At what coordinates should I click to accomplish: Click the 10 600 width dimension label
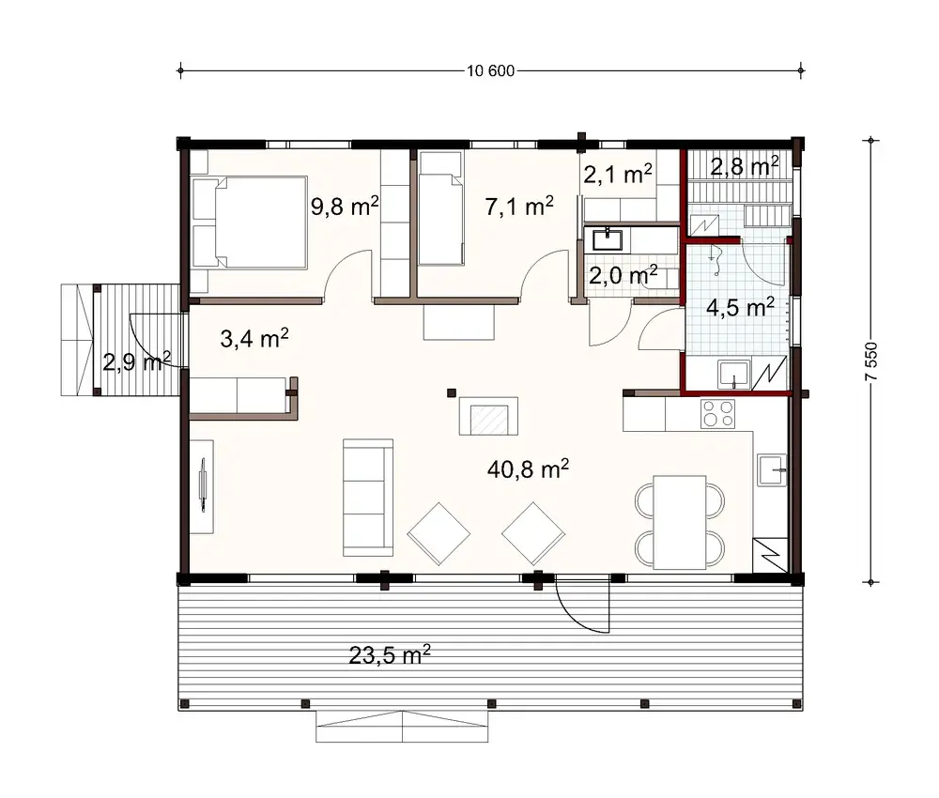[x=489, y=69]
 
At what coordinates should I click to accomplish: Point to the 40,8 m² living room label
[x=529, y=468]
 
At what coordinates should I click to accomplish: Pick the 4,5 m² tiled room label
[x=739, y=308]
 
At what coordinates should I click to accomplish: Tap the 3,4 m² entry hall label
[x=253, y=339]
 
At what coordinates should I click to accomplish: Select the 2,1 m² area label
[x=618, y=174]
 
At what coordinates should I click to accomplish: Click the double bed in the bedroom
[x=250, y=223]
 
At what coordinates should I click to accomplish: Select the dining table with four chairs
[x=680, y=522]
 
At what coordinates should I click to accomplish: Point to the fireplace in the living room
[x=487, y=416]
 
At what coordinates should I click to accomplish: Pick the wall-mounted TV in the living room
[x=204, y=483]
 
